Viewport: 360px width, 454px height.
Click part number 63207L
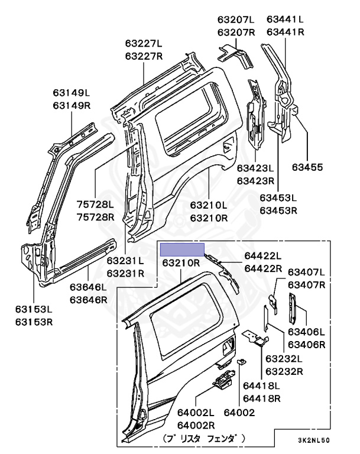click(236, 20)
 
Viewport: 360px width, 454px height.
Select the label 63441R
click(286, 32)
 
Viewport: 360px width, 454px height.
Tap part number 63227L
click(144, 43)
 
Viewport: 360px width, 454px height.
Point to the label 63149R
click(72, 106)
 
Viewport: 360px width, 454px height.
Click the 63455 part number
click(307, 167)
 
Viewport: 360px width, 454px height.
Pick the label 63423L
click(255, 168)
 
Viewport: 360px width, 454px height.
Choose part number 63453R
click(278, 210)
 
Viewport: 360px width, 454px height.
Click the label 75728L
click(95, 205)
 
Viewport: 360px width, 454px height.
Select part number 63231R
click(125, 274)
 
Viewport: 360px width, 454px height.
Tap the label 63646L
click(88, 287)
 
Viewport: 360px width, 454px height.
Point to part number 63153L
click(34, 310)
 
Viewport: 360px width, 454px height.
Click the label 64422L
click(263, 256)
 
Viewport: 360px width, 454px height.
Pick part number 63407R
click(307, 285)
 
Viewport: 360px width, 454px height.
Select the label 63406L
click(306, 332)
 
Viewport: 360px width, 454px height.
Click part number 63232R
click(284, 371)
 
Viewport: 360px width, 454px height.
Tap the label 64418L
click(261, 386)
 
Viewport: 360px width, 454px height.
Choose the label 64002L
click(196, 413)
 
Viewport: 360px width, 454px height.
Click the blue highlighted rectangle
click(183, 249)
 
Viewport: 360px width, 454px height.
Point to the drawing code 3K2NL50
click(314, 440)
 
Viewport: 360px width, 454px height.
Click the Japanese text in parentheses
click(204, 439)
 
